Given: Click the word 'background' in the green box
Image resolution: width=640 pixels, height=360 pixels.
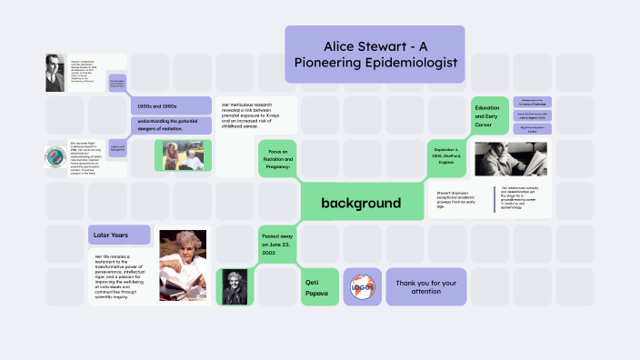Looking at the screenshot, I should (360, 203).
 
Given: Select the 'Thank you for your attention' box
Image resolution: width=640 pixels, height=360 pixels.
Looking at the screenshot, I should (425, 285).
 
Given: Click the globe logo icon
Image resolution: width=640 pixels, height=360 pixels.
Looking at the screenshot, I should (363, 286).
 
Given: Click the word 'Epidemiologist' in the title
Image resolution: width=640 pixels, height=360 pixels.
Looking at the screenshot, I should (407, 63).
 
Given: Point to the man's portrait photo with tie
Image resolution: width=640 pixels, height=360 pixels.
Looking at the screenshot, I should (56, 73).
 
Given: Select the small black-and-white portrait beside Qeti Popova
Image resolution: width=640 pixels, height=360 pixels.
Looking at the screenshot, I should (232, 285).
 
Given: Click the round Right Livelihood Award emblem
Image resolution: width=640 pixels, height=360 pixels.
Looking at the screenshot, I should (55, 157).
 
